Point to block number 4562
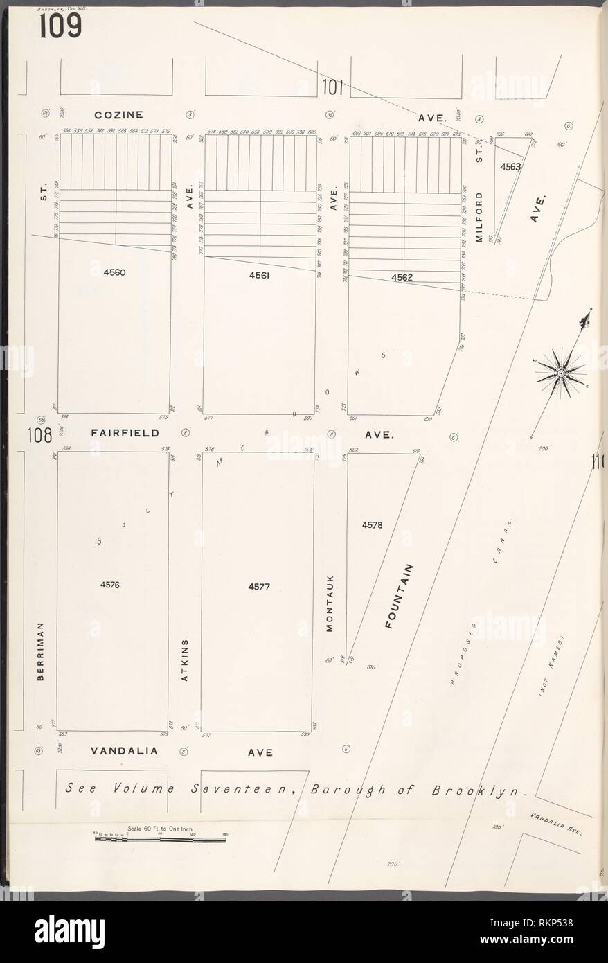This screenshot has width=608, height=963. coord(402,277)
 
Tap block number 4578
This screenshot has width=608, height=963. coord(372,525)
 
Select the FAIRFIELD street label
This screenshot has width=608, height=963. coord(125,432)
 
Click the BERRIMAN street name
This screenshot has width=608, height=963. coord(41,651)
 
